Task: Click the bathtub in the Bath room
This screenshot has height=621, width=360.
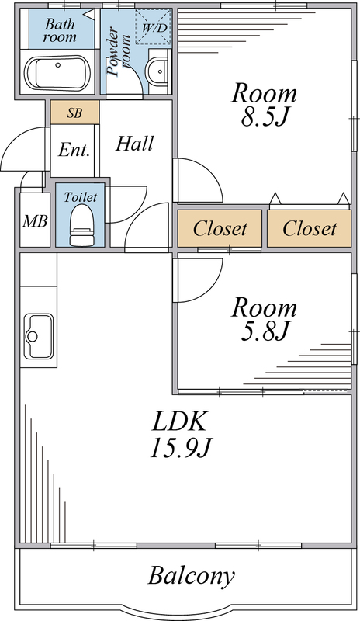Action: pyautogui.click(x=58, y=72)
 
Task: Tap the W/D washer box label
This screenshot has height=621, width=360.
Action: pyautogui.click(x=154, y=28)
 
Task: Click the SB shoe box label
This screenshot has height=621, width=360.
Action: pyautogui.click(x=74, y=113)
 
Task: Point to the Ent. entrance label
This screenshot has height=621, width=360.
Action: pyautogui.click(x=74, y=150)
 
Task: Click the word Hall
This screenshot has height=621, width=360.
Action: pyautogui.click(x=135, y=144)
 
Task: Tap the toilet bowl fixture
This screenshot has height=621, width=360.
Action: pyautogui.click(x=81, y=225)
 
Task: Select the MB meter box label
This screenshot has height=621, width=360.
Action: pyautogui.click(x=35, y=221)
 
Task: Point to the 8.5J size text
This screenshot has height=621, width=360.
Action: pyautogui.click(x=264, y=118)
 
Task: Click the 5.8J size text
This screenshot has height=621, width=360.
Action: pyautogui.click(x=264, y=332)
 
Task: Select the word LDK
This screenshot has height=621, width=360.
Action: pyautogui.click(x=180, y=422)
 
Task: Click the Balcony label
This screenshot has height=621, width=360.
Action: pyautogui.click(x=192, y=576)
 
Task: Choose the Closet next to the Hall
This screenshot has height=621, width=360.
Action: pyautogui.click(x=220, y=228)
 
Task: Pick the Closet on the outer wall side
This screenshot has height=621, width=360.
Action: pyautogui.click(x=310, y=228)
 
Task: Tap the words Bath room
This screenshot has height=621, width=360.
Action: pyautogui.click(x=60, y=30)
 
